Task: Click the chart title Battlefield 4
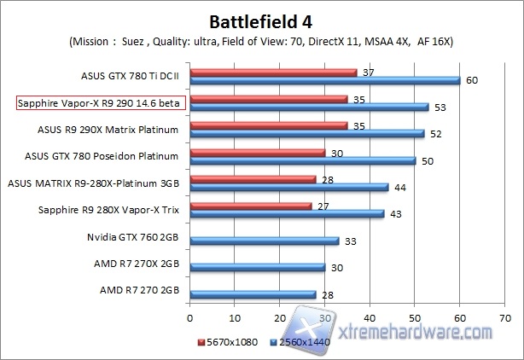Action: [262, 20]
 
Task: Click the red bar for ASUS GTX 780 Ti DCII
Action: [273, 73]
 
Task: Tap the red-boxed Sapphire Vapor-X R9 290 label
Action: [101, 103]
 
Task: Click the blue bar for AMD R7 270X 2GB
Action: [257, 267]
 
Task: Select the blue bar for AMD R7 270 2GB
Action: [253, 293]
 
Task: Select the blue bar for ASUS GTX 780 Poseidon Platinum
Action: [302, 160]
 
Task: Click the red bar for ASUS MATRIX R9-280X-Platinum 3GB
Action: [253, 179]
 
